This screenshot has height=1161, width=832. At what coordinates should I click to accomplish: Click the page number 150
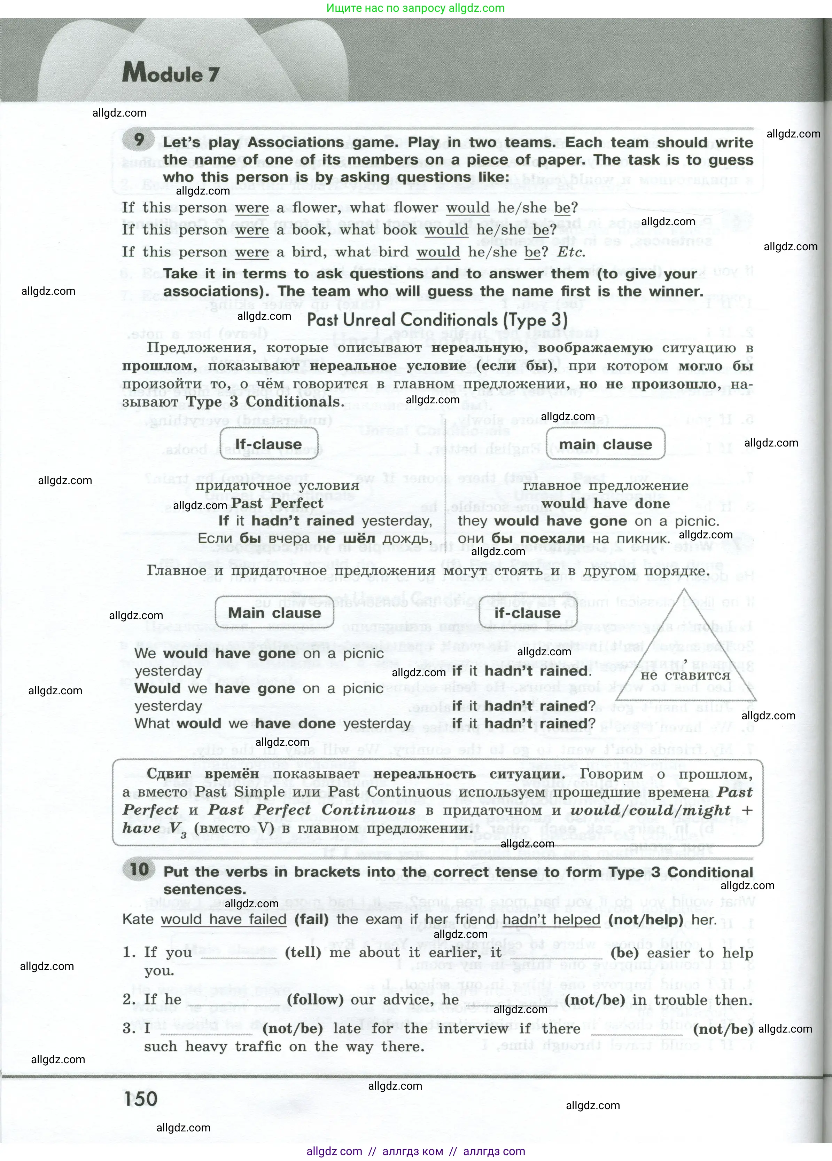point(140,1098)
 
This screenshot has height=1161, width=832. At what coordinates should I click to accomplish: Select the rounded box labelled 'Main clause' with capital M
point(274,613)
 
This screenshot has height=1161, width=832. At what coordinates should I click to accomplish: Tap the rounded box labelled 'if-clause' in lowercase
point(527,613)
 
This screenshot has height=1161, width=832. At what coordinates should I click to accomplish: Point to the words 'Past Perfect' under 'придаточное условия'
point(277,503)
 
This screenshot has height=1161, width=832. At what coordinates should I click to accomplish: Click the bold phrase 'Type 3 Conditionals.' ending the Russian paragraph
point(265,402)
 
